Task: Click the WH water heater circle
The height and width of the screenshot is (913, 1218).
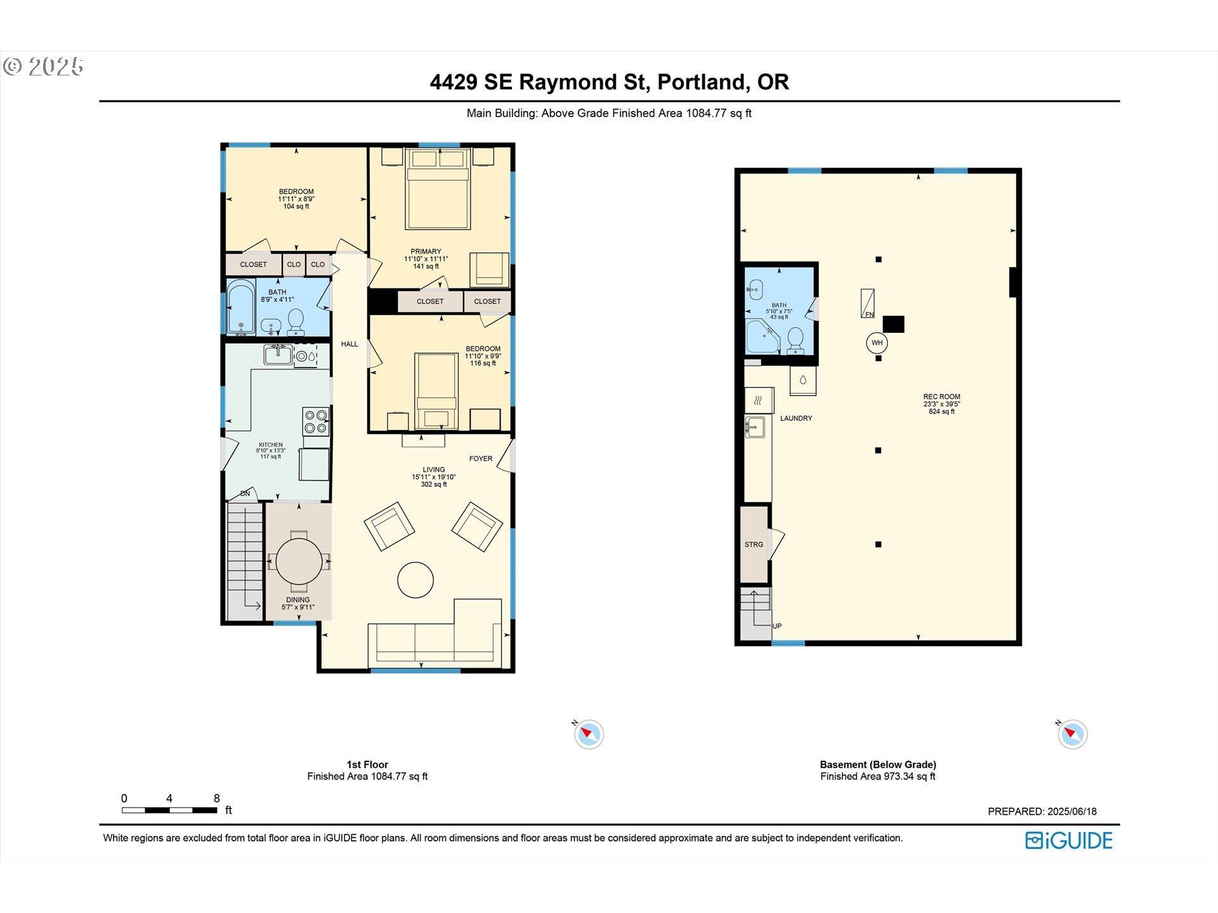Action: click(877, 343)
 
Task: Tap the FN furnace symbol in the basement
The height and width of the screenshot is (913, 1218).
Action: click(867, 303)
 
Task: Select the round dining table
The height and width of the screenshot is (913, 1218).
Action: click(299, 561)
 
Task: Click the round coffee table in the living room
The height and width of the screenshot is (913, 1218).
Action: click(416, 580)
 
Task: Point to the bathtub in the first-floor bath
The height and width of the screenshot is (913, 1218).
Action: click(241, 308)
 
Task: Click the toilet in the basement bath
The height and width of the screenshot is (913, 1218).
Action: click(796, 341)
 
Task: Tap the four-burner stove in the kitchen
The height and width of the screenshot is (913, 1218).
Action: click(316, 422)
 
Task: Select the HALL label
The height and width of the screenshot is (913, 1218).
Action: click(350, 344)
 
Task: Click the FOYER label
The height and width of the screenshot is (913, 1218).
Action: click(481, 458)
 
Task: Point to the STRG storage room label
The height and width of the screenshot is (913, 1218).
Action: click(754, 545)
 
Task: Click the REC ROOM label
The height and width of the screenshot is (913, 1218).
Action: click(941, 397)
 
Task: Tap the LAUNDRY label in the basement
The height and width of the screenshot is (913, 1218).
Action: click(796, 418)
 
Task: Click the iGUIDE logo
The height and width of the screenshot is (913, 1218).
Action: click(1069, 841)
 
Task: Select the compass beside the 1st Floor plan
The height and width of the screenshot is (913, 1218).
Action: click(589, 734)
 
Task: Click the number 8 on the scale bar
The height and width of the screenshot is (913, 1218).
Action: click(217, 798)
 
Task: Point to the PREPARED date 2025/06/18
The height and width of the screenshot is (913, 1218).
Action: click(1072, 812)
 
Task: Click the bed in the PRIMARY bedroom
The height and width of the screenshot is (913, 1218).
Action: click(438, 189)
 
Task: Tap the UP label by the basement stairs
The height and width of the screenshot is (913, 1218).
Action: click(777, 626)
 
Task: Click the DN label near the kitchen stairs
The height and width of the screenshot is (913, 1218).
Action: click(245, 493)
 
